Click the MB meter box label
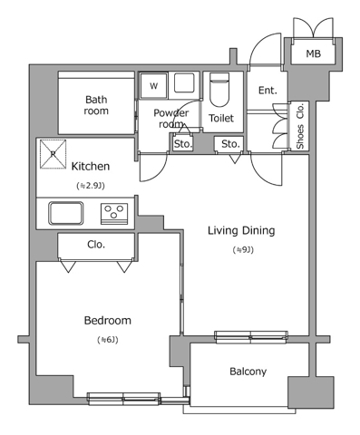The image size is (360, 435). pos(313,53)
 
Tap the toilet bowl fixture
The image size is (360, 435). pos(219,90)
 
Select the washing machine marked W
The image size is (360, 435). pos(154,86)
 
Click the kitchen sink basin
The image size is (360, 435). pos(66,213)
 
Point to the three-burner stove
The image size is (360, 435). pos(114,214)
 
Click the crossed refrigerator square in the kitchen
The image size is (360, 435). pos(53,154)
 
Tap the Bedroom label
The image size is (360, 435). pos(108,321)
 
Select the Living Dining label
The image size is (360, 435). pos(241,231)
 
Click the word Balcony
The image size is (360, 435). pos(248,372)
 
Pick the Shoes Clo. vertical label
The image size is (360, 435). pos(300,126)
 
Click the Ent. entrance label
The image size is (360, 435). pos(268,90)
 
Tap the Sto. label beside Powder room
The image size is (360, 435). pos(183,144)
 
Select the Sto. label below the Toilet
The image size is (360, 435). pos(230,144)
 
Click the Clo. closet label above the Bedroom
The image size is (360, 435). pos(96,245)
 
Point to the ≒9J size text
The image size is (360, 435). pos(243,250)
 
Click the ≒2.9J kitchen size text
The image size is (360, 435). pos(91,186)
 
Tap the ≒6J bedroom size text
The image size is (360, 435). pos(108,340)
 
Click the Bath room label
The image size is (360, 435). pos(96,105)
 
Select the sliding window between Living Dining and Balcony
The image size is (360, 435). pos(251,337)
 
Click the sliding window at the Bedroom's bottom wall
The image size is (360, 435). pos(123,399)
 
